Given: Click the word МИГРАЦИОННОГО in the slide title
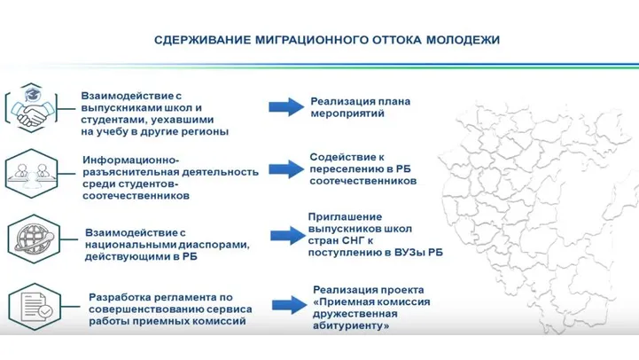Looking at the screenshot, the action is [x=312, y=40].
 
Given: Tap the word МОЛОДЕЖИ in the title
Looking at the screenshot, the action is [x=463, y=40].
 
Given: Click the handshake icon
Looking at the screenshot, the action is [x=31, y=107].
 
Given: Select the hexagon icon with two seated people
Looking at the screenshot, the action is [x=31, y=174].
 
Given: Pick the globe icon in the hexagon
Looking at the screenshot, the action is [x=34, y=239].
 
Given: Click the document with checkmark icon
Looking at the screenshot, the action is [x=35, y=307].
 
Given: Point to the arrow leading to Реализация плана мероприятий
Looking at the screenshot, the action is [x=286, y=107].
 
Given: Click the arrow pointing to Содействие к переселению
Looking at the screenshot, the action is [x=286, y=168].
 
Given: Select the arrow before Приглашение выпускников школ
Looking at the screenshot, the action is [x=288, y=235].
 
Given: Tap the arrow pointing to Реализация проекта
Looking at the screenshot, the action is [x=290, y=304].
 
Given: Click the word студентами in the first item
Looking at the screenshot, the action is [x=107, y=120].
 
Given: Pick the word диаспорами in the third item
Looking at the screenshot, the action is [x=214, y=245].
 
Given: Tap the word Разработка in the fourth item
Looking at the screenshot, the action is [x=115, y=298].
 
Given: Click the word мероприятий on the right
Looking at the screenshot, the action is [x=347, y=113].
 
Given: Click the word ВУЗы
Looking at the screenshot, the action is [x=409, y=253].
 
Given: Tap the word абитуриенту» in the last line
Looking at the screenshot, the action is [x=351, y=326].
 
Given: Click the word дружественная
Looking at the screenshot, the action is [x=355, y=314].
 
